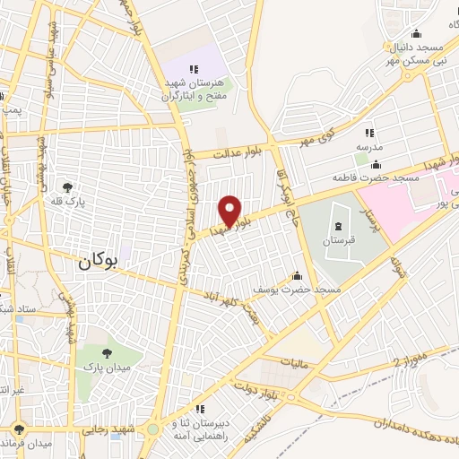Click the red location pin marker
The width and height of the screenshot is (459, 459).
click(230, 210)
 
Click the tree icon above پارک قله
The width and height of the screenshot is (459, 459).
click(67, 187)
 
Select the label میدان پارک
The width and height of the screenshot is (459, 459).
click(108, 367)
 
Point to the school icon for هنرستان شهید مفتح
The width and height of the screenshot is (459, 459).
click(192, 69)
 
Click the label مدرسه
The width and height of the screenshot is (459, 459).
click(368, 146)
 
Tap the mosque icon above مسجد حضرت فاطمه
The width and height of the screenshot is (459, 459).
click(375, 164)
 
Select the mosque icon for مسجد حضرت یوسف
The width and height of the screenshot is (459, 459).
click(297, 275)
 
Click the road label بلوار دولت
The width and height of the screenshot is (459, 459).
click(254, 386)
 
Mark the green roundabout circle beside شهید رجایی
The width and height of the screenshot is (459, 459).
click(152, 429)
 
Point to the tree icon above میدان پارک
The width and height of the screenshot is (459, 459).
click(108, 353)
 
